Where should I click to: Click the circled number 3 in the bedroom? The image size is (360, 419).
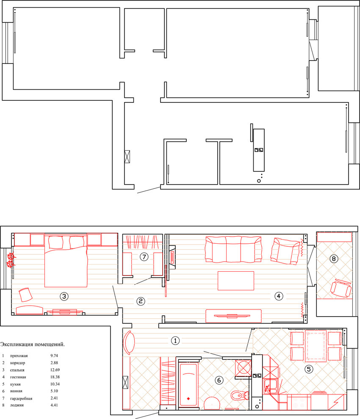click(x=64, y=296)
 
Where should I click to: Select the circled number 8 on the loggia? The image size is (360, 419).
click(x=334, y=259)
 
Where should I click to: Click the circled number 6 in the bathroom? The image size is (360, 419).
click(x=219, y=380)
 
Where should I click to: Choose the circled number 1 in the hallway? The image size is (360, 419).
click(x=174, y=339)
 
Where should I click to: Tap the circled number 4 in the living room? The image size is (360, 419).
click(x=278, y=296)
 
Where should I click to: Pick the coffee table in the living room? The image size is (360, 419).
click(x=236, y=281)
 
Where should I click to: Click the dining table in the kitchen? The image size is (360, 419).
click(x=316, y=347)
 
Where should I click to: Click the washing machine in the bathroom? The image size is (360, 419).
click(x=244, y=367)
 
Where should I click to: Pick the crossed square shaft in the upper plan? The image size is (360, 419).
click(x=128, y=157)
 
